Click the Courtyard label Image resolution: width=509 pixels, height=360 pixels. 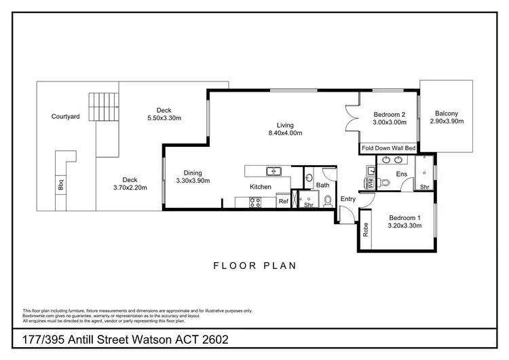[66, 116]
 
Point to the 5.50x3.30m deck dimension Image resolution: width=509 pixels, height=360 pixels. [164, 118]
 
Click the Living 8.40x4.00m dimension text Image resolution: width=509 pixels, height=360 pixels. [284, 133]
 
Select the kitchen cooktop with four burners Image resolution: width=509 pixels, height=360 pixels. [256, 200]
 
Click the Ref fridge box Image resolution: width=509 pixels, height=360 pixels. [282, 201]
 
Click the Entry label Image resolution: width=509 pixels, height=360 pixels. [347, 199]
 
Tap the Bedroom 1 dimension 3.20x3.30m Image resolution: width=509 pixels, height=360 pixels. [404, 227]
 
